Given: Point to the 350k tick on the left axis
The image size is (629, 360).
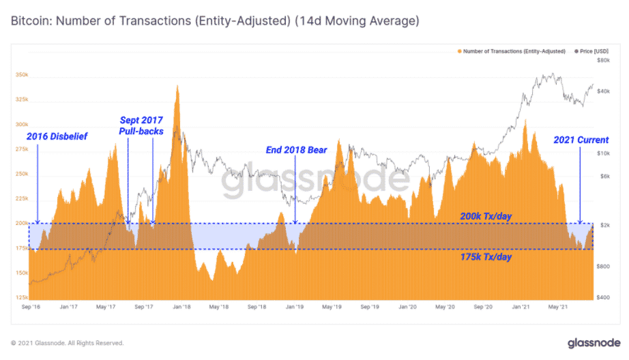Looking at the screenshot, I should pos(21,75).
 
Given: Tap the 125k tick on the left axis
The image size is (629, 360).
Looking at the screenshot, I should pos(21,298).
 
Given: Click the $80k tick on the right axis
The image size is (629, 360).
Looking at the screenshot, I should pos(603,61).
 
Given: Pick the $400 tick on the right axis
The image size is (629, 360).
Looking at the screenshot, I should pos(603,298).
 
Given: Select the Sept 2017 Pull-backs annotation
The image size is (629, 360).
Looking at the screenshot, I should pos(141,125).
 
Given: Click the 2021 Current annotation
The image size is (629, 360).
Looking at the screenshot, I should pos(580,140).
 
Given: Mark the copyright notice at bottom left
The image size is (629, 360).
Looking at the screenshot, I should pos(67,343).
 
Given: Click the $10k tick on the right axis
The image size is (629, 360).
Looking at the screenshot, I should pos(603,153).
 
